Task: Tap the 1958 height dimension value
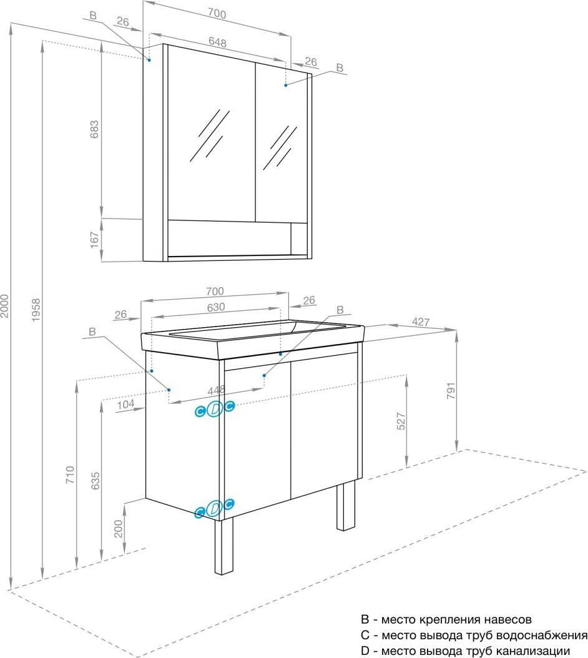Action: (x=36, y=310)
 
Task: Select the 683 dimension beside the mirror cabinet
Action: (x=95, y=129)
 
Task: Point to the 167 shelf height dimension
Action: (x=95, y=240)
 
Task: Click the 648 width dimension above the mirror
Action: (x=217, y=42)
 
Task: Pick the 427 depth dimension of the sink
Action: (x=421, y=322)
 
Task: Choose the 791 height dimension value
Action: (x=451, y=391)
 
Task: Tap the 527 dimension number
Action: (x=401, y=421)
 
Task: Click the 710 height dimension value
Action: (x=70, y=474)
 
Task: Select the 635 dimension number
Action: (x=96, y=481)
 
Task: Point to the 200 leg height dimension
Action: (x=119, y=529)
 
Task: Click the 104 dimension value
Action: (x=125, y=404)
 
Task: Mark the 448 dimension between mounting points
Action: (x=217, y=390)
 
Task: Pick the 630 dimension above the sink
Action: (x=216, y=307)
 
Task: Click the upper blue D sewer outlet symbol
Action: (x=215, y=409)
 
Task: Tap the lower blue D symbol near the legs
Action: (x=215, y=508)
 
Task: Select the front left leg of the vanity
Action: (x=223, y=546)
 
